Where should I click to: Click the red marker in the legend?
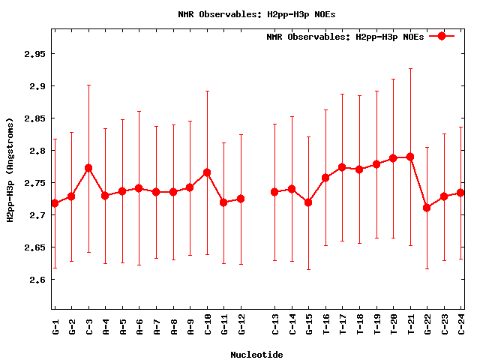(x=442, y=36)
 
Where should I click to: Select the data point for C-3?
(x=88, y=168)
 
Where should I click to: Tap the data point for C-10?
(x=207, y=172)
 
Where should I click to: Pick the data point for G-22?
(x=427, y=208)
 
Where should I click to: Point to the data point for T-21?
(x=410, y=157)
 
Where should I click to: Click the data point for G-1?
(x=55, y=203)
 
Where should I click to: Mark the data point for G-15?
(x=308, y=202)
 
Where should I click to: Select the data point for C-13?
(x=274, y=192)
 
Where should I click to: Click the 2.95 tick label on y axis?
(x=33, y=55)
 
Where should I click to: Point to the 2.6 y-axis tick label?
(x=35, y=280)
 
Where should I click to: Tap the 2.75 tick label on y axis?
(x=33, y=183)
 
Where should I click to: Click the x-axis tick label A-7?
(x=157, y=326)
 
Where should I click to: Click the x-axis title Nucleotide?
(x=256, y=355)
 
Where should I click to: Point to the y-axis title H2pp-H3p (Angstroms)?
(x=10, y=170)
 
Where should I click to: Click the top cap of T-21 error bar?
(x=410, y=68)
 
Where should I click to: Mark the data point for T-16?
(x=325, y=178)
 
